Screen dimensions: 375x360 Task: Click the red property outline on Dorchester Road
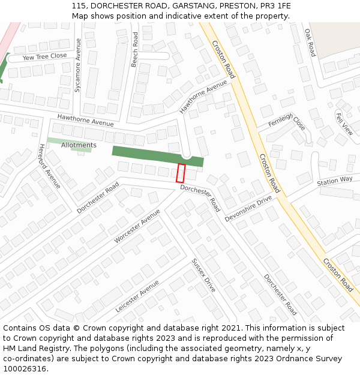pos(181,173)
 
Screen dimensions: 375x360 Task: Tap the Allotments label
pos(79,145)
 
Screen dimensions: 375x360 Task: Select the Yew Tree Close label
pos(45,56)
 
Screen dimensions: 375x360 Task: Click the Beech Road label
pos(135,49)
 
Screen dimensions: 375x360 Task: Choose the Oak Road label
pos(310,43)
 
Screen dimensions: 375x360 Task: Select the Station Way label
pos(335,181)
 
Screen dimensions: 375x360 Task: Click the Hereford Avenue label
pos(50,166)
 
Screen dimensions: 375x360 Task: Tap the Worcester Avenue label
pos(137,226)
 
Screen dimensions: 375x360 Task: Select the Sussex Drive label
pos(203,275)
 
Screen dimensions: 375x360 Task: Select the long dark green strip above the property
pos(157,156)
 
